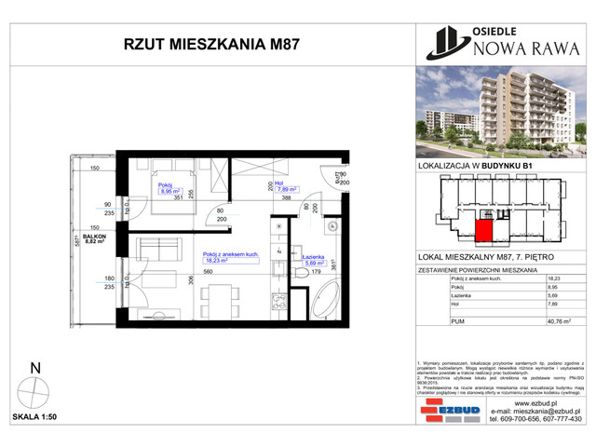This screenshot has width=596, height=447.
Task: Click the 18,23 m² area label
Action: [223, 262]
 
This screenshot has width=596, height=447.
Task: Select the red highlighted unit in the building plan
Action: [483, 231]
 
